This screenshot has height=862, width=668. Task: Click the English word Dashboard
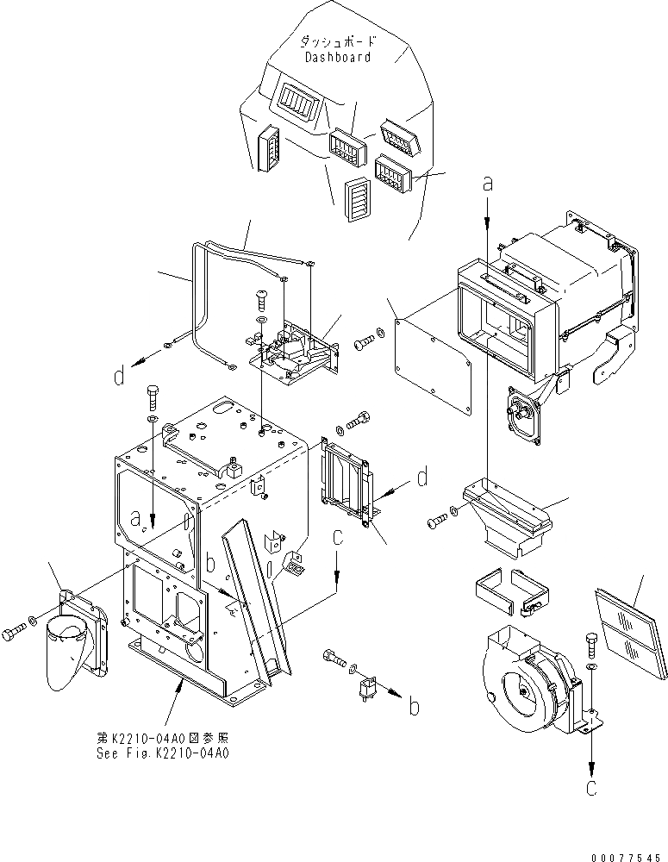tap(338, 57)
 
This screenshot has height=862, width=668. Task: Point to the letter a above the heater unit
tap(488, 183)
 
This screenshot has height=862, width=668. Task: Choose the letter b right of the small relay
tap(415, 707)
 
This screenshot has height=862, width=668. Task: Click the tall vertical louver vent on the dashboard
tap(356, 201)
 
